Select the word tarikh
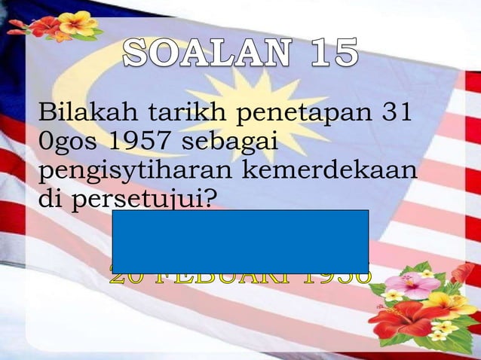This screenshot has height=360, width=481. [181, 114]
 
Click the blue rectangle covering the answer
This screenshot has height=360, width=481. [240, 241]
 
